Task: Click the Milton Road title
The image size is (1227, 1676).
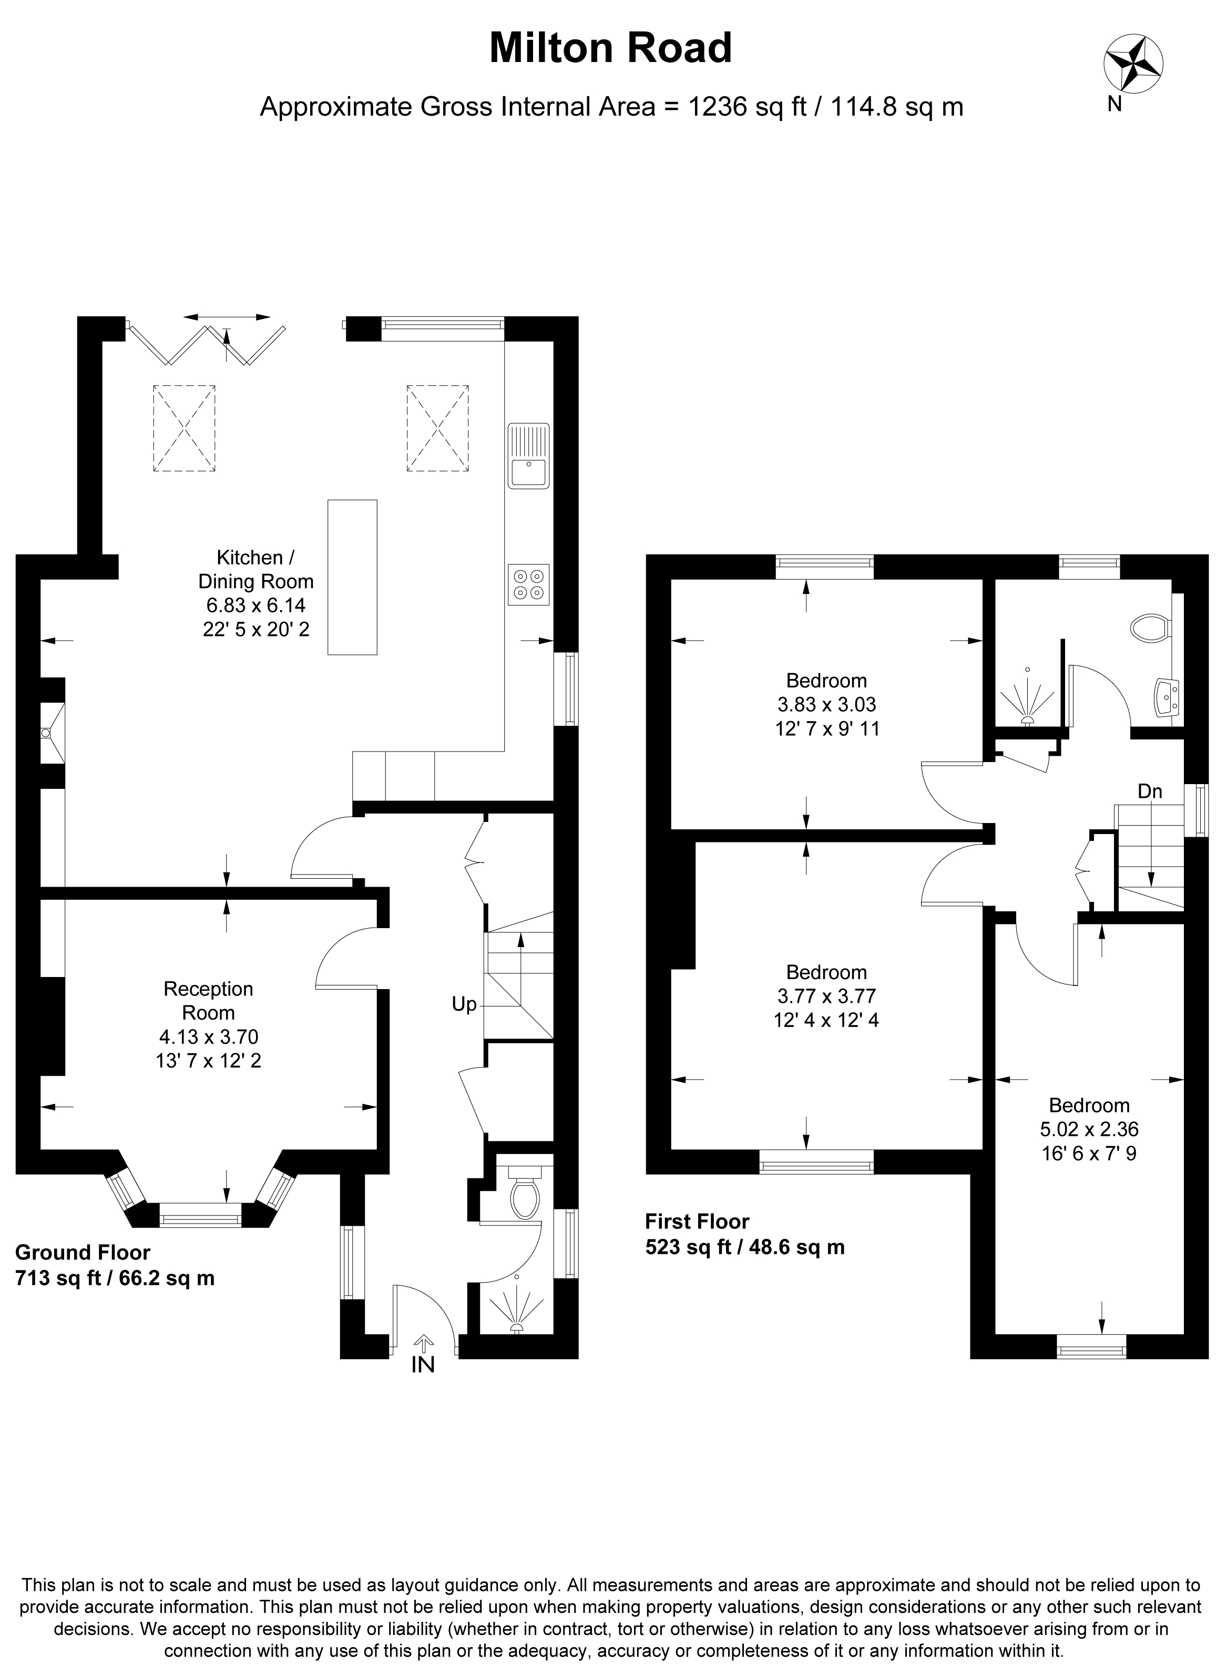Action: tap(610, 48)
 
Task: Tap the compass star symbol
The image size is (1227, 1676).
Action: tap(1134, 65)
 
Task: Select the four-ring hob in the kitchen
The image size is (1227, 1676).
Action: tap(529, 585)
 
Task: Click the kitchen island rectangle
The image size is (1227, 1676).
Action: tap(352, 577)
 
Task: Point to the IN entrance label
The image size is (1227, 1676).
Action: tap(423, 1364)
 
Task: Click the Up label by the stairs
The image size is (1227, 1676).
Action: tap(464, 1004)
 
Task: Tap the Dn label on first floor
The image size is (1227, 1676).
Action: tap(1150, 791)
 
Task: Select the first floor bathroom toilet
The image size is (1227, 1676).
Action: tap(1149, 628)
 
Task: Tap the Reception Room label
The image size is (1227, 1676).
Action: tap(208, 1000)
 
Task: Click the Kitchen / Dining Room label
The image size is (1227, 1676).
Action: tap(255, 569)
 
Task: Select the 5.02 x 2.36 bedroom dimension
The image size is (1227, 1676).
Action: tap(1089, 1129)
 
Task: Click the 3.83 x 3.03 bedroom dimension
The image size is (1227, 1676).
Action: tap(826, 704)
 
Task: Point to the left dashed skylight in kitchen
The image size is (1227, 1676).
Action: tap(184, 428)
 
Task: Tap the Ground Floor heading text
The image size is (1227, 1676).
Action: tap(83, 1253)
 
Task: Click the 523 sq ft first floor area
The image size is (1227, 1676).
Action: tap(745, 1247)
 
